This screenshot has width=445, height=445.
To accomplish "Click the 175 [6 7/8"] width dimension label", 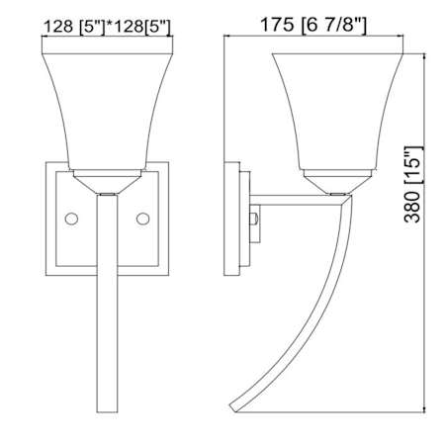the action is (313, 25).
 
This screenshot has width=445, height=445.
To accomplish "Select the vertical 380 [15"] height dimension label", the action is (412, 184).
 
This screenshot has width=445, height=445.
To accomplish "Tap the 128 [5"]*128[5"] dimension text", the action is (108, 27).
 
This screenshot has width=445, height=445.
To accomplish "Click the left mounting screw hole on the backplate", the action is (71, 219).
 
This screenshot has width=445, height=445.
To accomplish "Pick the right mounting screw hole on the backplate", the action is (142, 219).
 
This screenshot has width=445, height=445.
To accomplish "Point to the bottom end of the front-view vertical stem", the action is (107, 412).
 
